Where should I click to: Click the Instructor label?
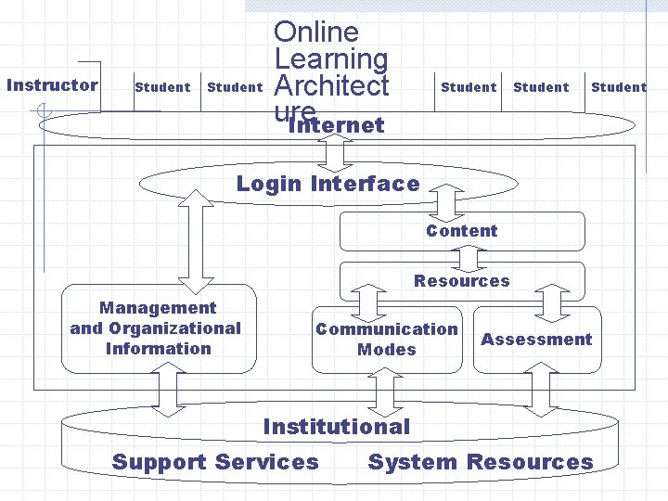52,85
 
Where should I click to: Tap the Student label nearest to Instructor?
162,87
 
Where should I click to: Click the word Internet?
336,125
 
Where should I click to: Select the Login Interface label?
328,184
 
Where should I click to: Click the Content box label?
461,231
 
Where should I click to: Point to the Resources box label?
461,281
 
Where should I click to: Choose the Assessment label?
536,340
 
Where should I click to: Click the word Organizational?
155,328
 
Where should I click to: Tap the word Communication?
387,329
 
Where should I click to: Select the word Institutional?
336,427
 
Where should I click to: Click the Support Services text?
215,462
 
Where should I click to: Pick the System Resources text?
481,462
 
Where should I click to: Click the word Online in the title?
316,32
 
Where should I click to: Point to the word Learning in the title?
331,59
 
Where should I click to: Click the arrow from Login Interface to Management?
195,239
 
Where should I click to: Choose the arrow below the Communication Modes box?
381,392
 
